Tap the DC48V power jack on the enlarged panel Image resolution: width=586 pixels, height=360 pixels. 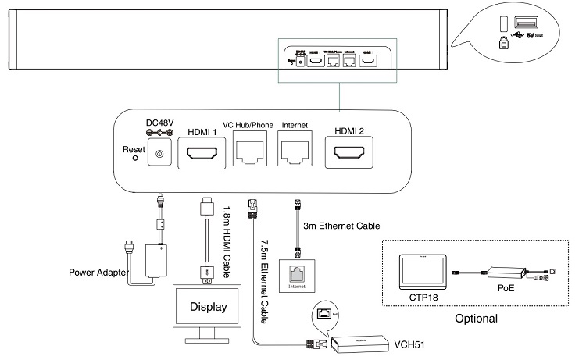point(160,156)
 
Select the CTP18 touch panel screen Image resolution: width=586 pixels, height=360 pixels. point(421,269)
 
